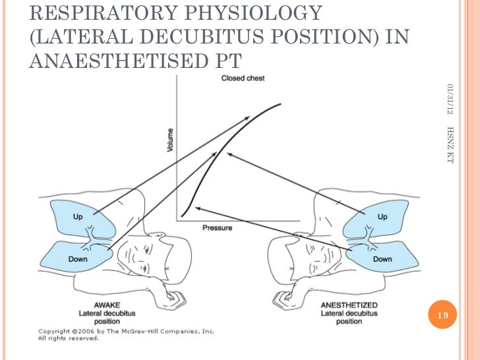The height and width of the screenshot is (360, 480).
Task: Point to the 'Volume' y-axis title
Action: (x=170, y=141)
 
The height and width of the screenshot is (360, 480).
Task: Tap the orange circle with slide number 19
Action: (x=442, y=316)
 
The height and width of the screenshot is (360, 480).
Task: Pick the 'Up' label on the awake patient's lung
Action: (x=78, y=216)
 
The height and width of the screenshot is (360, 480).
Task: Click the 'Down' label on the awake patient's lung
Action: (x=78, y=259)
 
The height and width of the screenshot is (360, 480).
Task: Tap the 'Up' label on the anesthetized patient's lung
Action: (x=382, y=216)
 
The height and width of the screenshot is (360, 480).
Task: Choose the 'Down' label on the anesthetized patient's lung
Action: (x=382, y=259)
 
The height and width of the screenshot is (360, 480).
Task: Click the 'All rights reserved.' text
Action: (x=68, y=338)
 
